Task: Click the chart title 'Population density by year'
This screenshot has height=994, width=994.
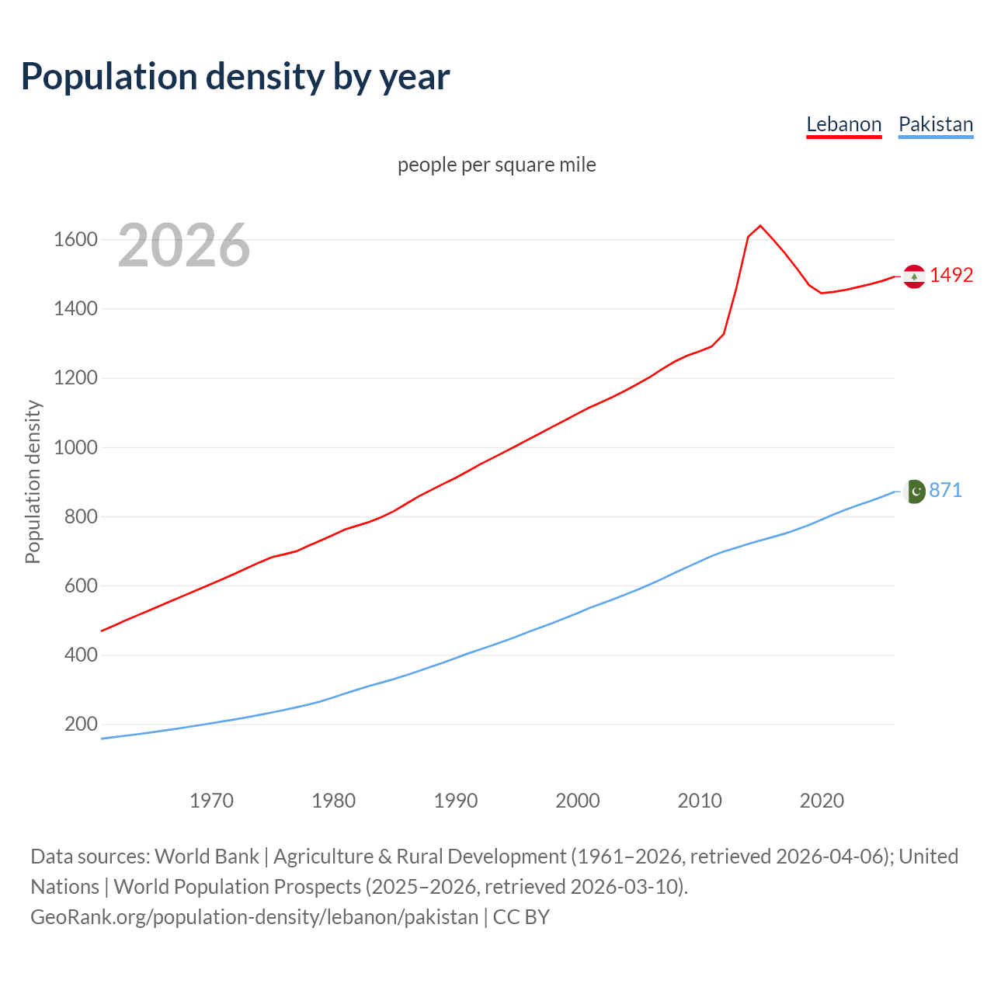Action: point(235,77)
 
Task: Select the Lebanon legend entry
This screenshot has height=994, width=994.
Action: point(843,124)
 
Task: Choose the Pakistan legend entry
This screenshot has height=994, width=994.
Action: point(935,124)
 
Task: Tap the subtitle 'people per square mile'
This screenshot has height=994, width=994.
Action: point(496,165)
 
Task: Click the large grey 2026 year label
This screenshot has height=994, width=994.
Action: point(184,245)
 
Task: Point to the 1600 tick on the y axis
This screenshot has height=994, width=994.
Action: point(75,239)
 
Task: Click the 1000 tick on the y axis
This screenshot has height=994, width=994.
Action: point(75,447)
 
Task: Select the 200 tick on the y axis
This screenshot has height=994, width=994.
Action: point(81,725)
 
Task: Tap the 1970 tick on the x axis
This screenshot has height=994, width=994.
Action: point(211,801)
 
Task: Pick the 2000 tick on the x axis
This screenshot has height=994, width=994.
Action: point(577,801)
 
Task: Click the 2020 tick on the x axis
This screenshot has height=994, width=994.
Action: point(822,801)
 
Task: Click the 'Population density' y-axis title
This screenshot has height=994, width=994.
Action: point(33,481)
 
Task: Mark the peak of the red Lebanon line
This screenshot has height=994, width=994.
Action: point(760,226)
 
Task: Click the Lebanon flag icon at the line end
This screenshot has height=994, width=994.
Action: point(914,276)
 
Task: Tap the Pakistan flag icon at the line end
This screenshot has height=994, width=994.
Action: point(915,492)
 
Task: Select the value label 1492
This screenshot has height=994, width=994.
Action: point(951,275)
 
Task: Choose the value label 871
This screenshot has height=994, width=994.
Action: point(945,490)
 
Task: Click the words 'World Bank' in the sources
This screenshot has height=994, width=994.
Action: point(207,857)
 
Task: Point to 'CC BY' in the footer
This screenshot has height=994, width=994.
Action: point(521,917)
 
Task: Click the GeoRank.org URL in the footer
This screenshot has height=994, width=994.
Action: point(254,917)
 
